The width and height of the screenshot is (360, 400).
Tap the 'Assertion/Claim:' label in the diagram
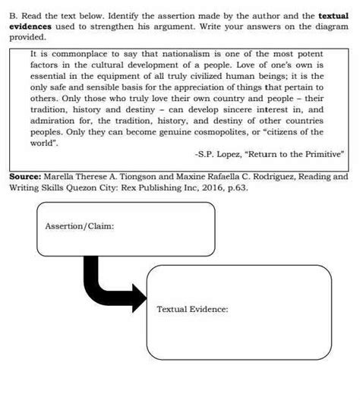[x=80, y=225]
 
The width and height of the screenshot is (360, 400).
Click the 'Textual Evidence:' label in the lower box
[x=192, y=308]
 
